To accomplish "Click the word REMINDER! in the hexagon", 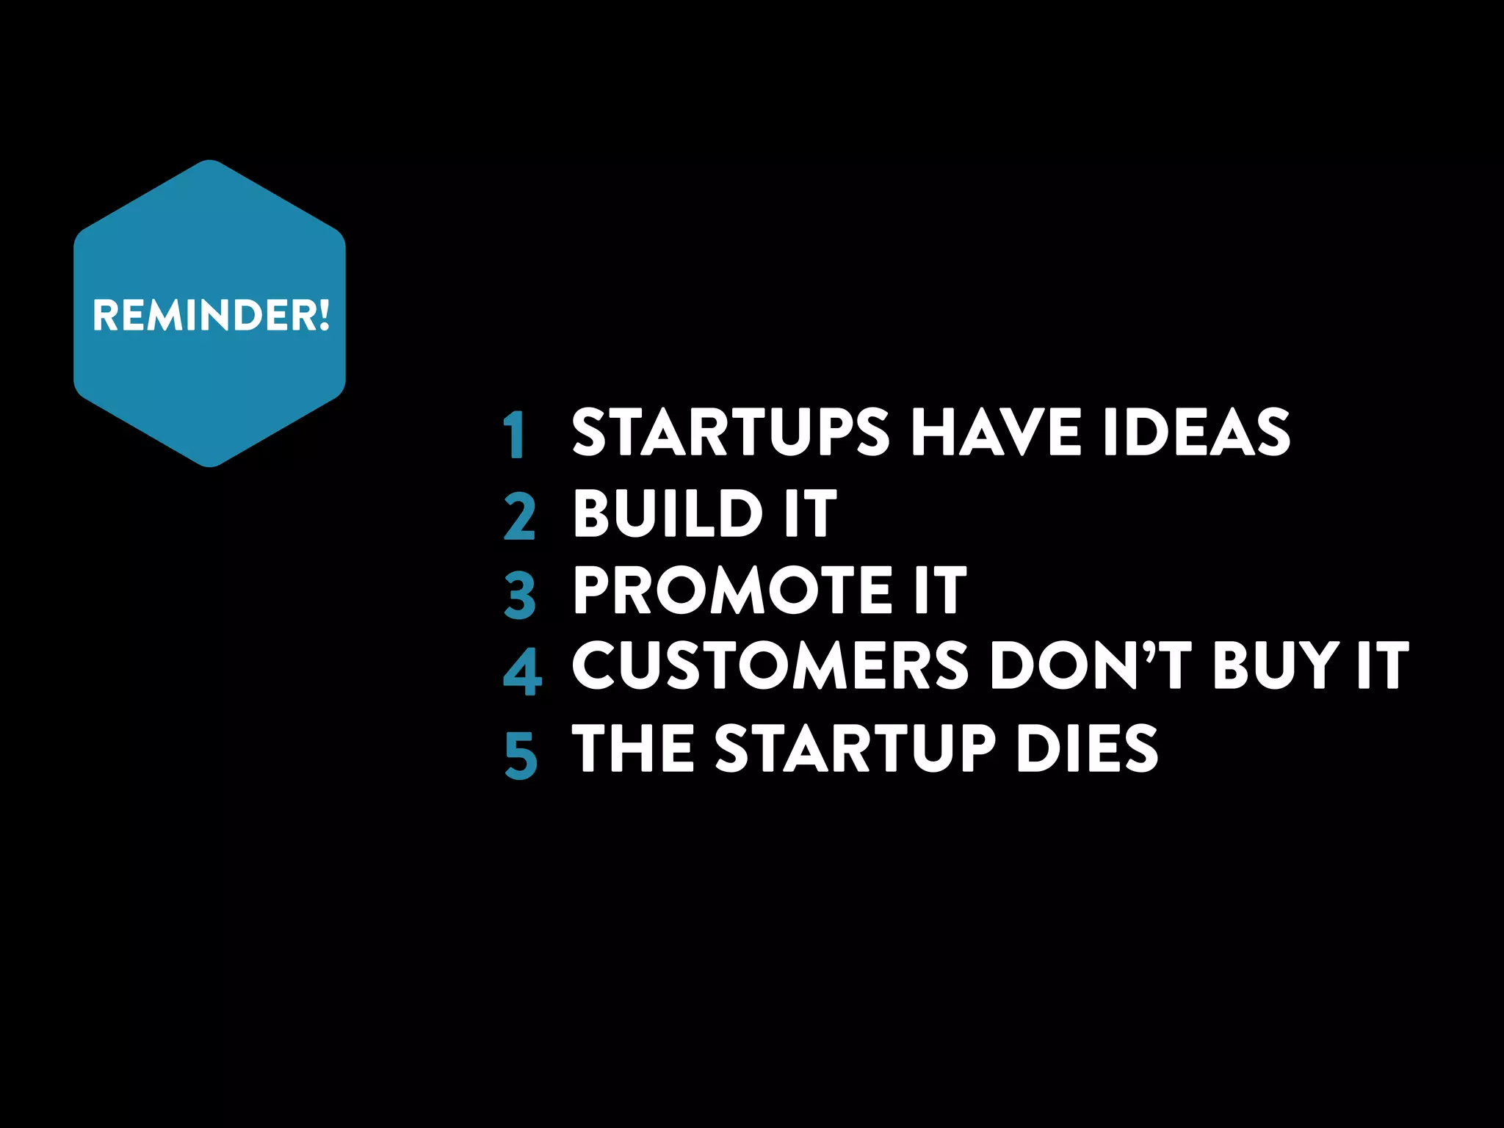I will [211, 315].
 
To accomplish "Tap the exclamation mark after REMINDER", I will [324, 315].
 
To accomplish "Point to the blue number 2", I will [520, 517].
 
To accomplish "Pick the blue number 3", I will [520, 596].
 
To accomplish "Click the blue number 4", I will [522, 671].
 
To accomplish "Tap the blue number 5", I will [521, 754].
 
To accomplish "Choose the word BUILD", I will [668, 513].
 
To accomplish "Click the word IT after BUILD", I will [809, 513].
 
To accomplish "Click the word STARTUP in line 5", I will [855, 748].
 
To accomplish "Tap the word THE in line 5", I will [633, 748].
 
